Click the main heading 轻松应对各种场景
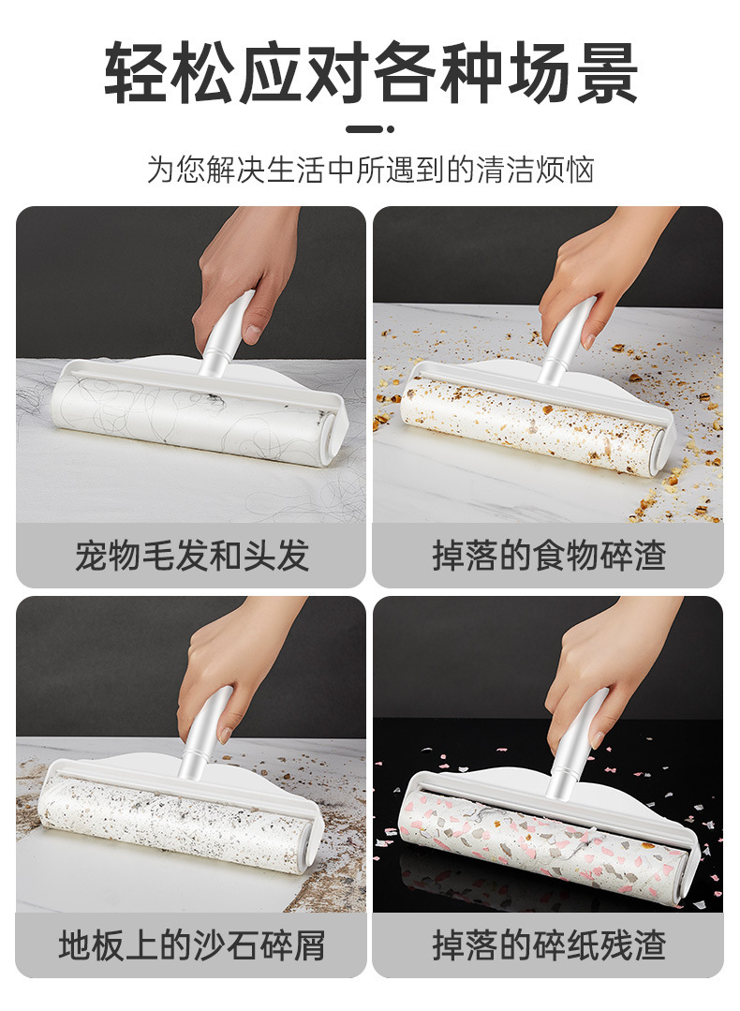click(x=370, y=72)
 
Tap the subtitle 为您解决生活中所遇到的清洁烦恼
click(x=370, y=170)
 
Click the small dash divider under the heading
click(x=369, y=129)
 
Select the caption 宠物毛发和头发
click(x=191, y=556)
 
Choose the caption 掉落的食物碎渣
click(x=548, y=556)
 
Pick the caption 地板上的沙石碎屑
click(x=191, y=945)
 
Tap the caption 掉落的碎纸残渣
click(x=548, y=945)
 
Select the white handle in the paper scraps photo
click(x=577, y=740)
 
